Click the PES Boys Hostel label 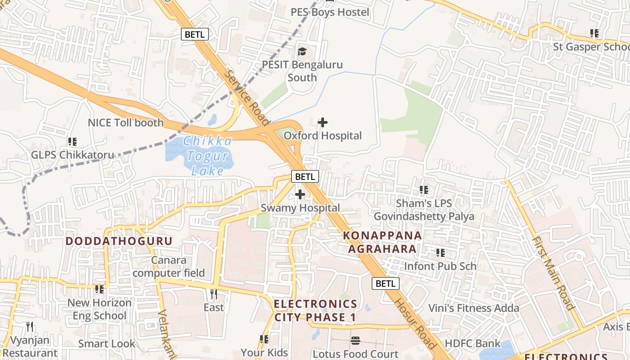click(329, 12)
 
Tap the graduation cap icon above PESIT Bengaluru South click(302, 52)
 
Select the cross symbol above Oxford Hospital click(323, 122)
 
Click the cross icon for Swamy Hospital click(300, 194)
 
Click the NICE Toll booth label click(126, 122)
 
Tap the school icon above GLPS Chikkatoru click(72, 142)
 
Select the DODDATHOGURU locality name click(119, 241)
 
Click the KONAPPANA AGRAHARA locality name click(382, 242)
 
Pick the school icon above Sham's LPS click(424, 190)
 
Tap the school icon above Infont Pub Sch click(440, 253)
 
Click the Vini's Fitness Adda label click(473, 308)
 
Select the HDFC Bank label click(472, 343)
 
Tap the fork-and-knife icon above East click(214, 294)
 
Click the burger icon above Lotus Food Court click(355, 341)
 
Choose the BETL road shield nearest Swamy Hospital click(305, 177)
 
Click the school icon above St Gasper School click(594, 33)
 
